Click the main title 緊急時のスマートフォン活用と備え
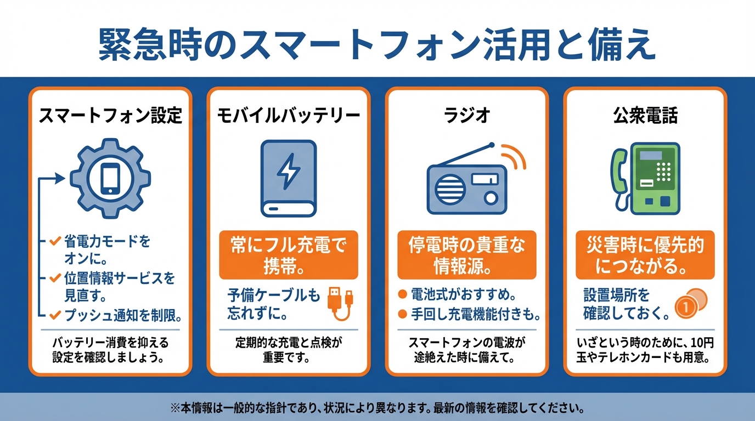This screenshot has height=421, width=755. click(377, 45)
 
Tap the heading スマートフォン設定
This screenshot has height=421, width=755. click(110, 116)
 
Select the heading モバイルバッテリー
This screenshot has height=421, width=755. click(289, 116)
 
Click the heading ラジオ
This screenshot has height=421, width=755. click(467, 116)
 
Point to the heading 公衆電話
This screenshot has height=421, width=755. click(645, 116)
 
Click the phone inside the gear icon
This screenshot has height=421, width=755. click(110, 178)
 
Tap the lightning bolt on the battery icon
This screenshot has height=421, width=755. click(289, 171)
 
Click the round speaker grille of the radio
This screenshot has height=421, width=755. click(450, 189)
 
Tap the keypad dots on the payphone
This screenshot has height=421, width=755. click(664, 172)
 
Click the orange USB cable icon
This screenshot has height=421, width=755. click(340, 304)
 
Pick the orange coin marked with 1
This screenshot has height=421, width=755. click(685, 306)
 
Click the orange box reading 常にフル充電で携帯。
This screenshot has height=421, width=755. click(289, 255)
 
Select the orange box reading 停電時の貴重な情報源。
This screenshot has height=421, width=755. click(467, 255)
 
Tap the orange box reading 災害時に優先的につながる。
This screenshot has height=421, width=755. click(645, 255)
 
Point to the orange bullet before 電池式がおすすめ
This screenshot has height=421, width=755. click(402, 294)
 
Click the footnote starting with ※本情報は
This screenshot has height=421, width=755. click(377, 408)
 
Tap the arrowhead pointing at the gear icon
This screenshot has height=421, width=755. click(60, 178)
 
